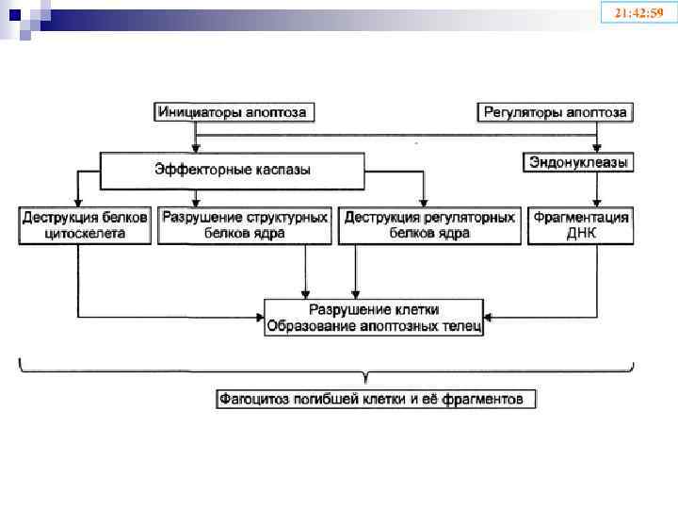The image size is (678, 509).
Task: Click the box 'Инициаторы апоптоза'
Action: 234,112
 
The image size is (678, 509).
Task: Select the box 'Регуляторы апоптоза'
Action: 555,112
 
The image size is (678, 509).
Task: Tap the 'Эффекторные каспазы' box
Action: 233,170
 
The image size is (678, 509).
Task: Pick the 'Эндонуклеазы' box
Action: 577,164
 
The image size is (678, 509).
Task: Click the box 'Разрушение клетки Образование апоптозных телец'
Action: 374,318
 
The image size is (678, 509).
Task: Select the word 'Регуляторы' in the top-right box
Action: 516,112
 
